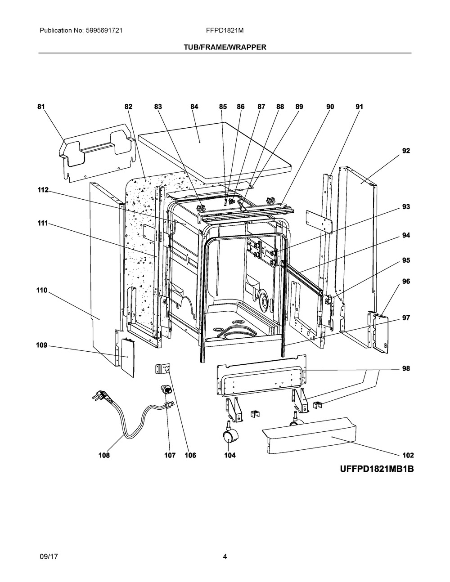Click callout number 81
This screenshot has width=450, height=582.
tap(41, 107)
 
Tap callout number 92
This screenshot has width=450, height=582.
tap(406, 151)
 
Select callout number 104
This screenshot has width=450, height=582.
tap(230, 455)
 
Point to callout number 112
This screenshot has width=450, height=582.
tap(43, 190)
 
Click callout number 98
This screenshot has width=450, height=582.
tap(406, 368)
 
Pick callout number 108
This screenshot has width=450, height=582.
tap(104, 455)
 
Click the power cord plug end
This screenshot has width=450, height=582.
tap(100, 396)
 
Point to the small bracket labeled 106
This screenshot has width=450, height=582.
tap(163, 368)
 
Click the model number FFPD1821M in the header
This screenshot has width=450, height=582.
tap(225, 31)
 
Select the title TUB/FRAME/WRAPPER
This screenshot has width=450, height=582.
tap(225, 47)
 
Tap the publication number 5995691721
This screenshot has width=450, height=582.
tap(104, 31)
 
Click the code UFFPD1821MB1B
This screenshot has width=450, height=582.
tap(377, 469)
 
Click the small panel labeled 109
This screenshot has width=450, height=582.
tap(127, 358)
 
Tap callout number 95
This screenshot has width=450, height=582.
tap(406, 260)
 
